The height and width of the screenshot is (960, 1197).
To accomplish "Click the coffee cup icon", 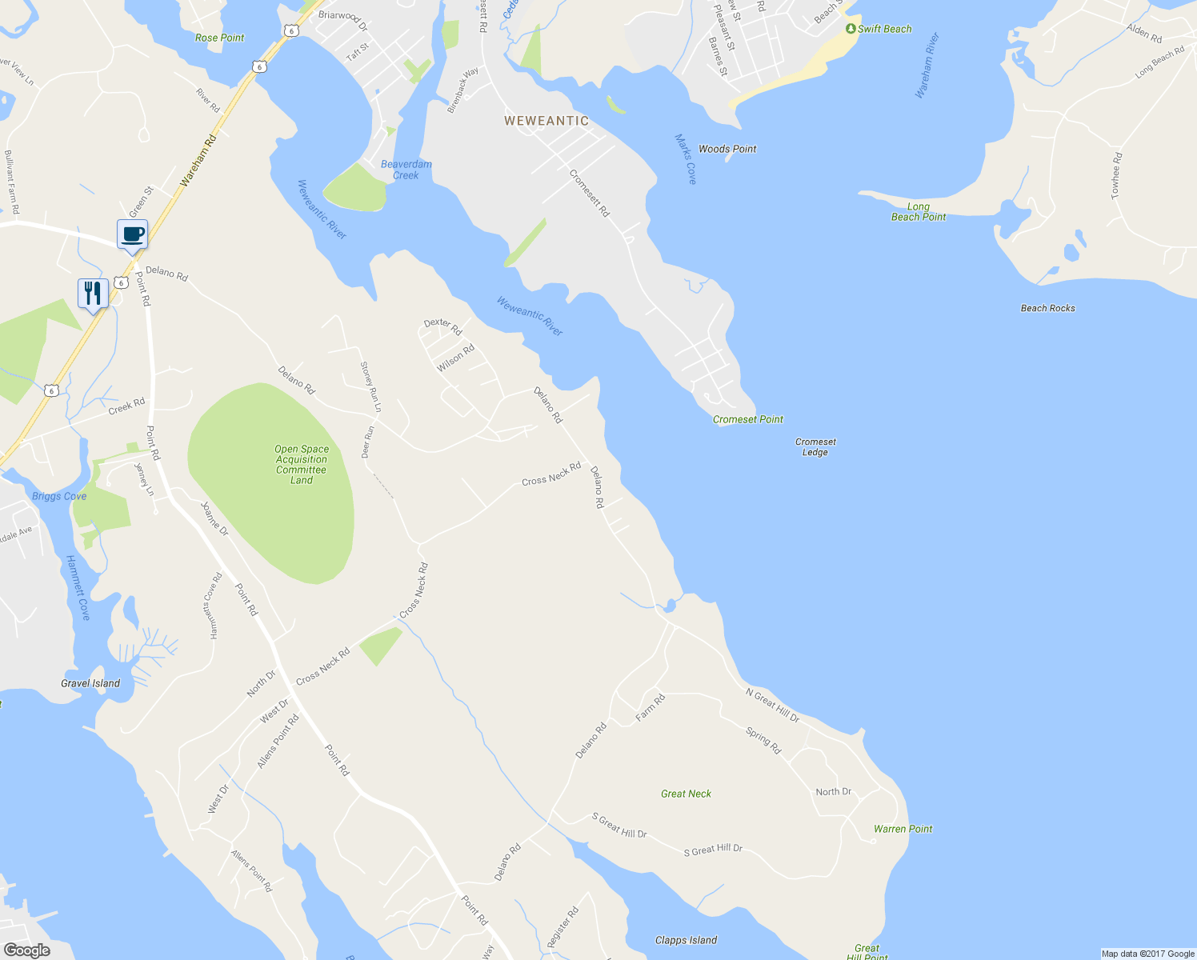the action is point(133,234).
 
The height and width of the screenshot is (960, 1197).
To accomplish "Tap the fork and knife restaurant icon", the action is point(93,294).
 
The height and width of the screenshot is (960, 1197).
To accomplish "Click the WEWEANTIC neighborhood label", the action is point(546,121).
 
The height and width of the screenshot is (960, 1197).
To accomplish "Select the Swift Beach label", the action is point(883,29).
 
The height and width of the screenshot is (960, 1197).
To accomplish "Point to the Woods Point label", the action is point(727,149).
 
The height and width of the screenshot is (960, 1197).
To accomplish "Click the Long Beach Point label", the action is point(919,211).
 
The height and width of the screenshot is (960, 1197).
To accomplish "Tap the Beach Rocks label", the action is point(1048,308).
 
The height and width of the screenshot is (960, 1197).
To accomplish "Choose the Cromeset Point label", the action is point(748,419).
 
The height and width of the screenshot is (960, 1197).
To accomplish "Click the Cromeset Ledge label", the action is point(815,446).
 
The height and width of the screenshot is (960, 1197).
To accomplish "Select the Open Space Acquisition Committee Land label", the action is point(302,465).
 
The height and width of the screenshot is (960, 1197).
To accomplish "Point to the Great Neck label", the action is point(686,794).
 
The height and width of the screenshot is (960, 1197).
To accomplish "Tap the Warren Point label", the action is point(903,829).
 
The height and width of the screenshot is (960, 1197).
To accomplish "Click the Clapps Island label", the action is point(686,940).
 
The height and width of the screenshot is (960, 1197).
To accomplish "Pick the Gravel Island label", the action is point(90,683).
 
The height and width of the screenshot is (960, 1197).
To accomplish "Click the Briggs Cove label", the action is point(59,496).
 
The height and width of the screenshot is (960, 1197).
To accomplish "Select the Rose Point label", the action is point(220,38).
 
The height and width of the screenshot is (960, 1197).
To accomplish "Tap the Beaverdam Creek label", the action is point(406,170).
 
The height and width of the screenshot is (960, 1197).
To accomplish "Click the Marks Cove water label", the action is point(686,158).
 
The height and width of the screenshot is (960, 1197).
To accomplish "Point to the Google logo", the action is point(26,950).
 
